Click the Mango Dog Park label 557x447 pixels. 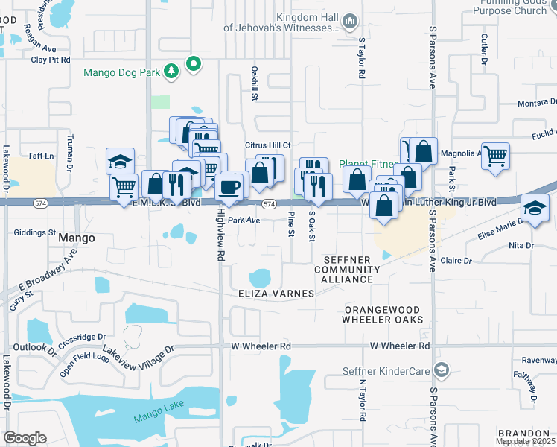coord(121,72)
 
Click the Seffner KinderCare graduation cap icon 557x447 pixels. coord(442,370)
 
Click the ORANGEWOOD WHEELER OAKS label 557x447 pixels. coord(381,314)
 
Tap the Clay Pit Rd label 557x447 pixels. coord(51,59)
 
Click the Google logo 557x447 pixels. coord(25,438)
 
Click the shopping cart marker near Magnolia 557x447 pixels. coord(495,156)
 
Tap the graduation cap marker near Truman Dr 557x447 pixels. coord(119,161)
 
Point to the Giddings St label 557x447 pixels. coord(35,232)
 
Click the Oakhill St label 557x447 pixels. coord(255,82)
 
